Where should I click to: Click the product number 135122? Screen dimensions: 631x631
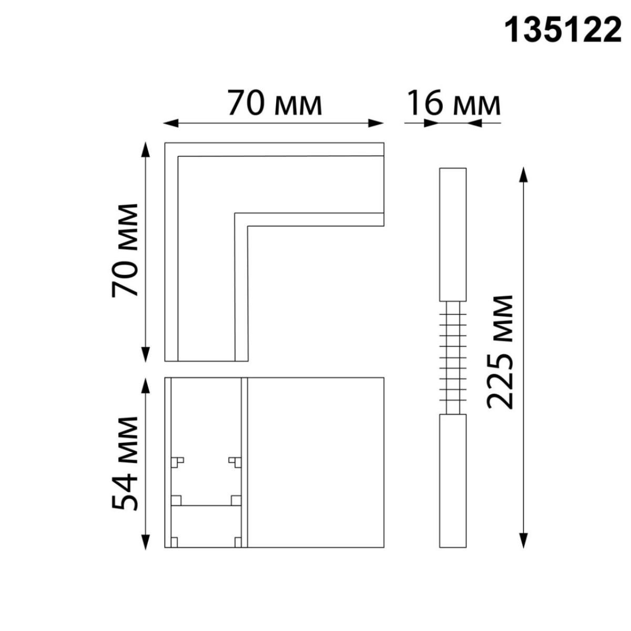pyautogui.click(x=563, y=30)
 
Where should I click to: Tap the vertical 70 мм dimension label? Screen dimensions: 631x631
pyautogui.click(x=125, y=250)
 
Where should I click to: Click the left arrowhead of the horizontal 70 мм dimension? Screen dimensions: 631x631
pyautogui.click(x=170, y=124)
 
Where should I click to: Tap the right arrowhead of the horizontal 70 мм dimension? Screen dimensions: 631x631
pyautogui.click(x=376, y=124)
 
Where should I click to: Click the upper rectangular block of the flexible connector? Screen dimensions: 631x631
pyautogui.click(x=453, y=235)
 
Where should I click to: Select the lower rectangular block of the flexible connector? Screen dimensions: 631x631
pyautogui.click(x=453, y=481)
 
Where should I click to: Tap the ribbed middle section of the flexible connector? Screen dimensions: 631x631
pyautogui.click(x=453, y=358)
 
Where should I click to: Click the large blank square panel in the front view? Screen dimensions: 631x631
pyautogui.click(x=315, y=462)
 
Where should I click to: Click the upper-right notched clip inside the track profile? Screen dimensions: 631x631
pyautogui.click(x=235, y=462)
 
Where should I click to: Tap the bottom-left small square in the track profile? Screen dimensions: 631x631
pyautogui.click(x=174, y=542)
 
